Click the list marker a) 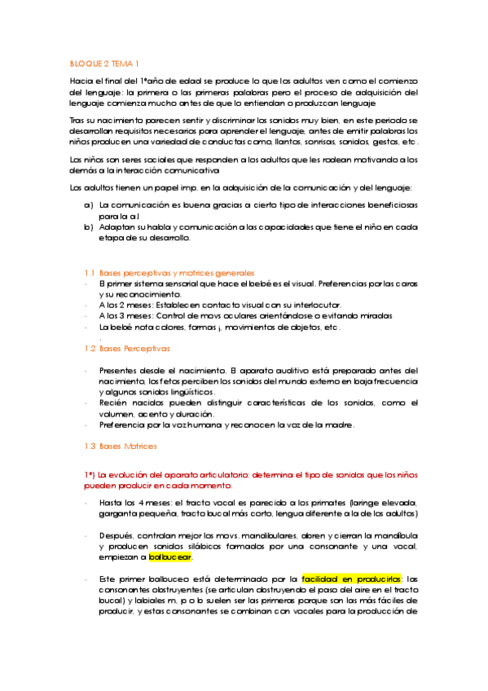(88, 207)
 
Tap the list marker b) (88, 227)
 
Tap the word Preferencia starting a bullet (121, 425)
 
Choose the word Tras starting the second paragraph (77, 120)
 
